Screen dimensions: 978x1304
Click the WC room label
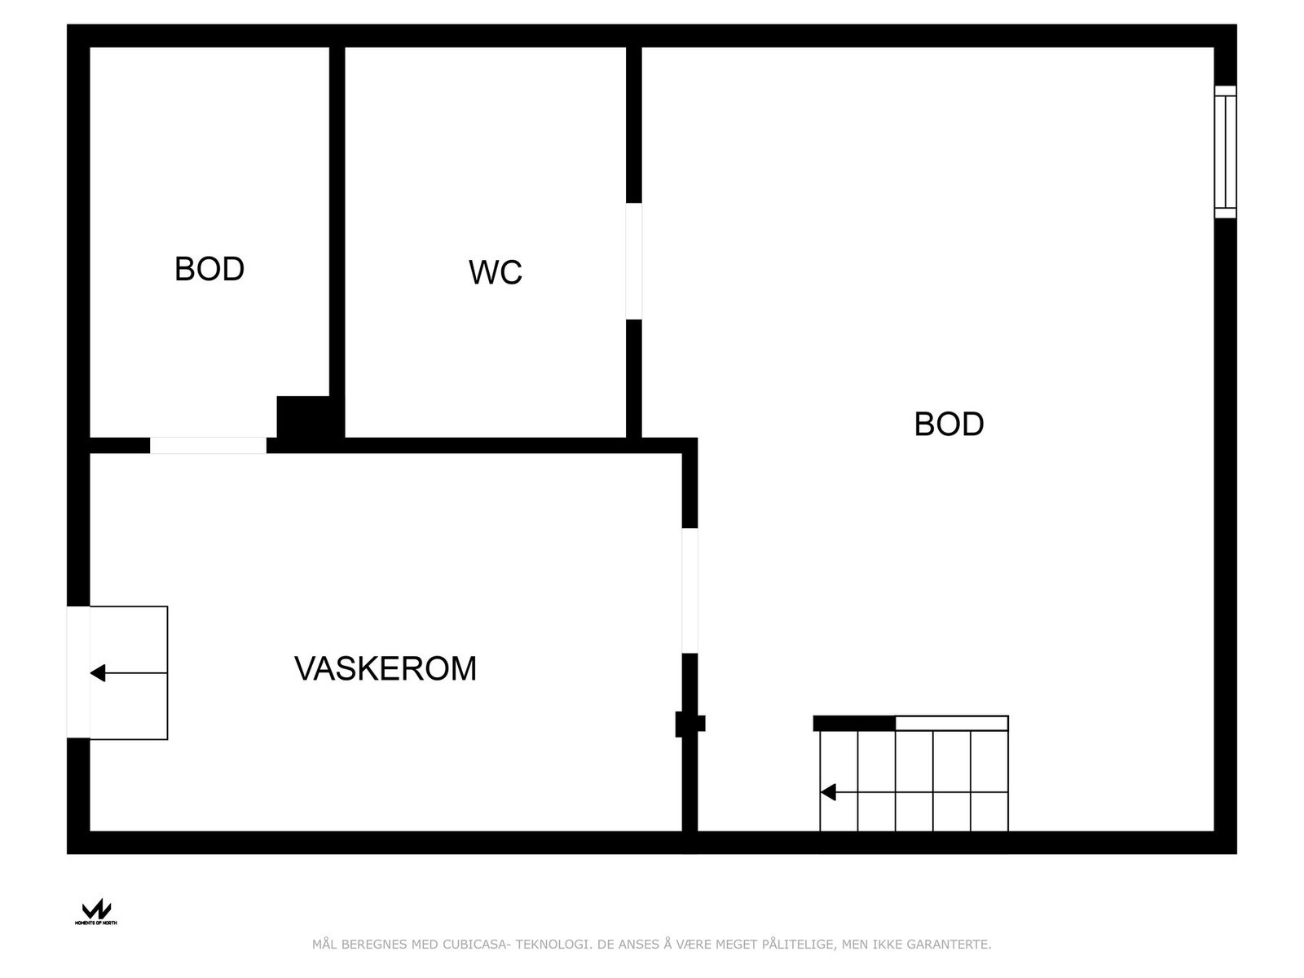tap(495, 273)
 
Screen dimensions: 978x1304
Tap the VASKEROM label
tap(385, 669)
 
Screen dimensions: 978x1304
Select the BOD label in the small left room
tap(209, 270)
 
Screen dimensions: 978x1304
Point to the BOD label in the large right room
tap(949, 425)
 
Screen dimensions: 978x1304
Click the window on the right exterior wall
tap(1225, 152)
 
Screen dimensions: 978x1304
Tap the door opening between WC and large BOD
tap(634, 262)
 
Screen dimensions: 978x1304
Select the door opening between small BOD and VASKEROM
tap(208, 446)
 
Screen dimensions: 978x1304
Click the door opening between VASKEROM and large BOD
tap(689, 591)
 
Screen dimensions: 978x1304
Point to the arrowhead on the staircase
tap(829, 792)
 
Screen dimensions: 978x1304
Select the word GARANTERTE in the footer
tap(953, 945)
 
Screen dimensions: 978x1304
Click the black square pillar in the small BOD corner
tap(303, 417)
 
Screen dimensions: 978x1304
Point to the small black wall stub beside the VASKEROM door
tap(690, 723)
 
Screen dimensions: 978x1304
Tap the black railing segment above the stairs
tap(854, 723)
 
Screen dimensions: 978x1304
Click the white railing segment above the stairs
tap(952, 723)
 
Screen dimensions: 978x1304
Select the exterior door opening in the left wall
tap(78, 672)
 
